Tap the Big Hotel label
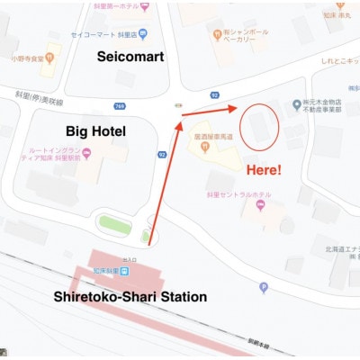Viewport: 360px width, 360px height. point(94,131)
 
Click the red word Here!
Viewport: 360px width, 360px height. point(265,168)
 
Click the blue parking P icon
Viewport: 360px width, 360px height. point(263,288)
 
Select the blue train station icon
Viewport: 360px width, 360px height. point(125,271)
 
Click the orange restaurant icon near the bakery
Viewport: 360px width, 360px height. point(217,34)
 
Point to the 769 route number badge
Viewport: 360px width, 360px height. point(119,107)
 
